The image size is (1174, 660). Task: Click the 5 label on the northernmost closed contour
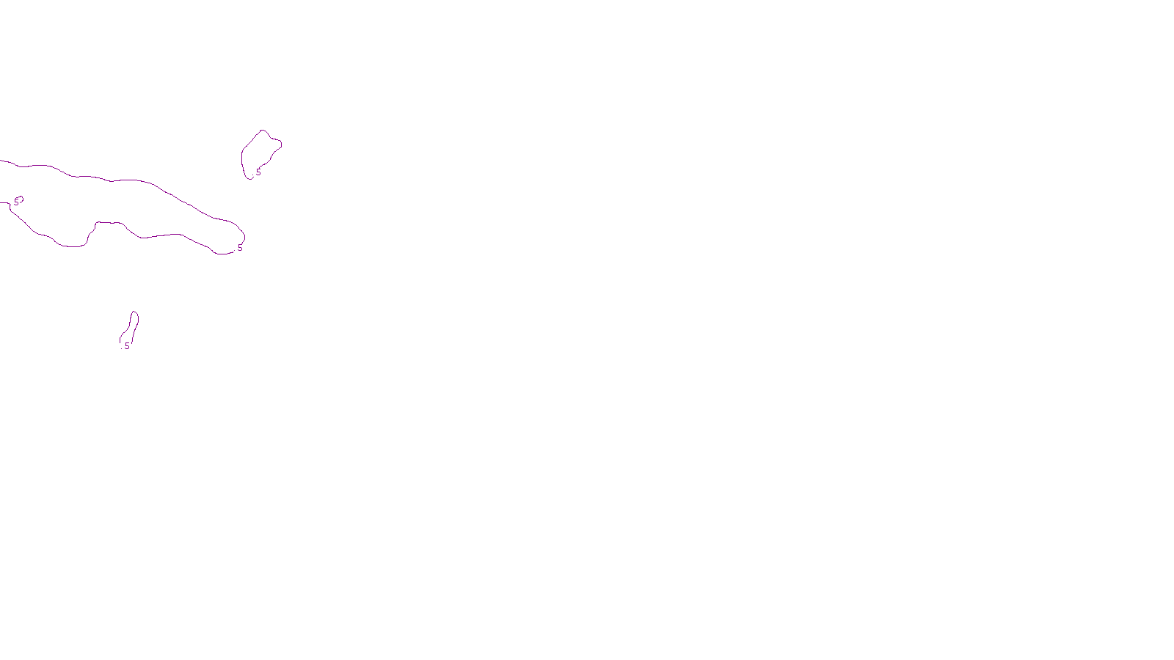click(258, 172)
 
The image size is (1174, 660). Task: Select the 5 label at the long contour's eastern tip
click(240, 248)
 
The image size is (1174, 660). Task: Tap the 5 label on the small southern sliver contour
click(127, 345)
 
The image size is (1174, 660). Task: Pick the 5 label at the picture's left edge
click(17, 201)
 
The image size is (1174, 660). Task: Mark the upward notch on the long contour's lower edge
click(96, 224)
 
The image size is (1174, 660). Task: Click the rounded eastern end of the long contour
click(243, 235)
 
